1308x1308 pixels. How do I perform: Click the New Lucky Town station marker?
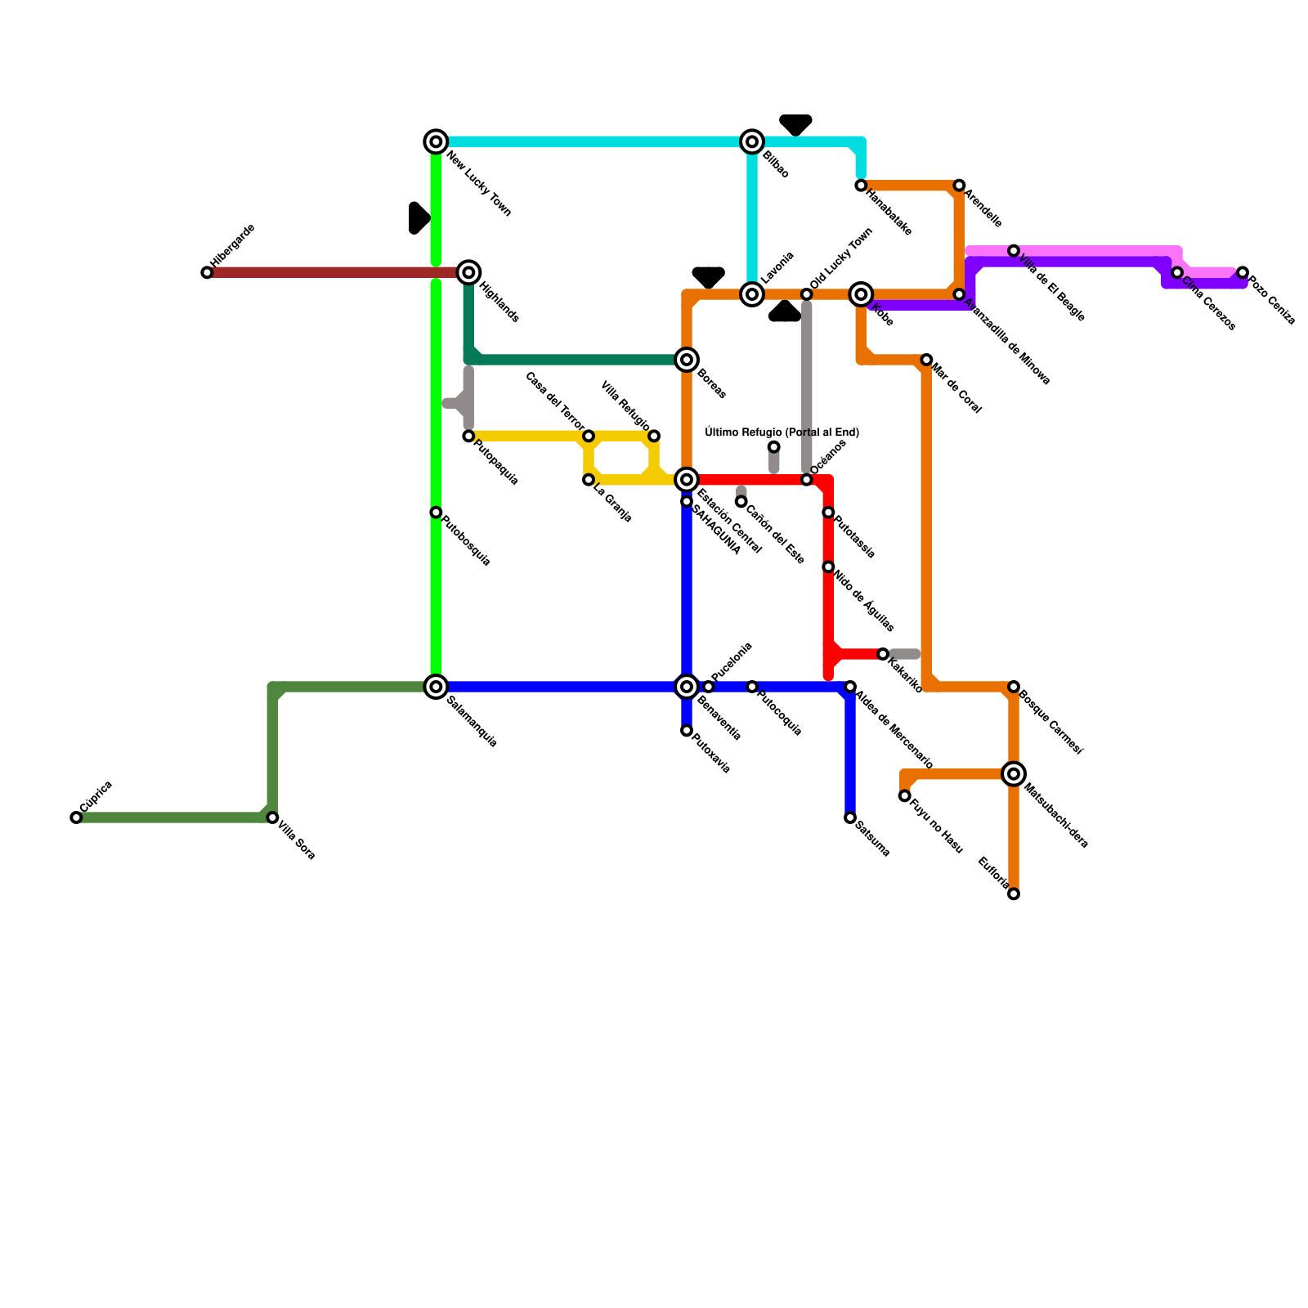(437, 141)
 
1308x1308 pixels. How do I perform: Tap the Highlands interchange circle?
(468, 272)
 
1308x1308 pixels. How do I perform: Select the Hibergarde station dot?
(207, 272)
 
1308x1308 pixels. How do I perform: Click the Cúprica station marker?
(76, 817)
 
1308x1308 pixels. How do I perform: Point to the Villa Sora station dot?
(272, 817)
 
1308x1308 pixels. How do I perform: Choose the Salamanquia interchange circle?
(437, 687)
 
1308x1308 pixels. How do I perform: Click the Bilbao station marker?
(752, 141)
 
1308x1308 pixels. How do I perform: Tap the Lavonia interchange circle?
(752, 293)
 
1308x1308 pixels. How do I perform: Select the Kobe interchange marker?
(861, 293)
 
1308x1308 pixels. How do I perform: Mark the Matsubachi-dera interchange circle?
(1014, 773)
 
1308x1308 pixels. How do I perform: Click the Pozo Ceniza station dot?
(1243, 272)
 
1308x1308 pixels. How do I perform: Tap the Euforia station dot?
(1014, 894)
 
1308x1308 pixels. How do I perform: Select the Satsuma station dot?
(850, 817)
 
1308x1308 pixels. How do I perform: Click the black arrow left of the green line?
(419, 217)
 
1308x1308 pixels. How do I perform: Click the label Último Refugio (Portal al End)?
(782, 432)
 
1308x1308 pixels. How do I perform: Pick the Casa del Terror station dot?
(589, 436)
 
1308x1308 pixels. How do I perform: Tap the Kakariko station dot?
(883, 654)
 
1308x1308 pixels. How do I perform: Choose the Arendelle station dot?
(959, 186)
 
